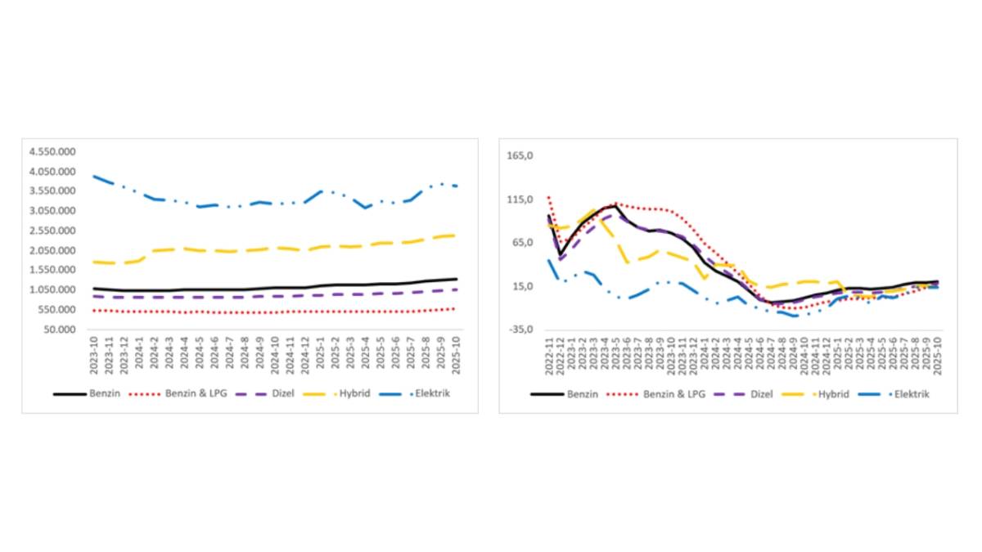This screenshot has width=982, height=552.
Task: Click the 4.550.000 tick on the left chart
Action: [52, 152]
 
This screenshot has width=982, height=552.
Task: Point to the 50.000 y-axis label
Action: [57, 330]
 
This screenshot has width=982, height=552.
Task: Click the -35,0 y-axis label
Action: [521, 330]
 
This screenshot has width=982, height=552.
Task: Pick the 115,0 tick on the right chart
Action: [521, 200]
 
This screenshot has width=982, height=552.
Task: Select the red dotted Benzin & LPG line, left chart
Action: [245, 312]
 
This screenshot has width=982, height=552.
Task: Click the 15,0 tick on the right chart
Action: [521, 286]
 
